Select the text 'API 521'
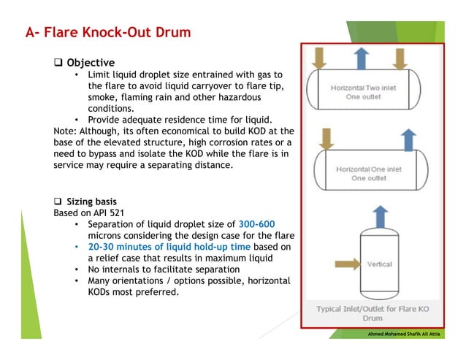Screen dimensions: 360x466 107,212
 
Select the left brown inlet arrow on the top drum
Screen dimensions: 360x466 319,58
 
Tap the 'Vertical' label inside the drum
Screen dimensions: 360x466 380,264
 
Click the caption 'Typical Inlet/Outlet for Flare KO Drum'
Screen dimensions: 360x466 373,314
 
